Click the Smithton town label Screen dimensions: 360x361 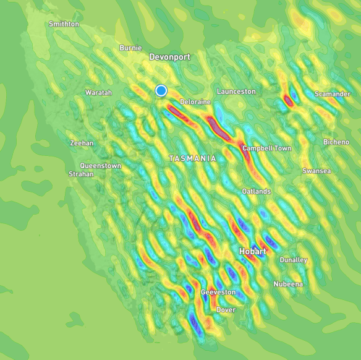(x=64, y=24)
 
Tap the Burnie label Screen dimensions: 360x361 (x=130, y=48)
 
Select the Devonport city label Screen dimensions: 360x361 (x=169, y=57)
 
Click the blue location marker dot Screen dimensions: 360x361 (x=161, y=91)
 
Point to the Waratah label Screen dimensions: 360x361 (x=99, y=93)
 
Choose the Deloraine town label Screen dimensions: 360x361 (x=195, y=101)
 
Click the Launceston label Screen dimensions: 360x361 (x=236, y=92)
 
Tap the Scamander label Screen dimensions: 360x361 (x=332, y=94)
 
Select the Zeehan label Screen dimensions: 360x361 (x=82, y=143)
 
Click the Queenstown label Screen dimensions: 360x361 (x=101, y=166)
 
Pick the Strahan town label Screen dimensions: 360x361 (x=81, y=174)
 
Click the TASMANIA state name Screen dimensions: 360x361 (x=193, y=159)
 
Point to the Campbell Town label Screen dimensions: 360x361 (x=266, y=148)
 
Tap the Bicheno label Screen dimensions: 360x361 (x=336, y=142)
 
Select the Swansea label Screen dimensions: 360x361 (x=316, y=171)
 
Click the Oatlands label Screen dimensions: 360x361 (x=256, y=192)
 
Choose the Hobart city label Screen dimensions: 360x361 (x=253, y=252)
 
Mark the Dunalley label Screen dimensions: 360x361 (x=293, y=260)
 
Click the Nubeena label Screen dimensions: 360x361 (x=288, y=284)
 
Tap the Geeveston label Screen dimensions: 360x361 (x=218, y=292)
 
